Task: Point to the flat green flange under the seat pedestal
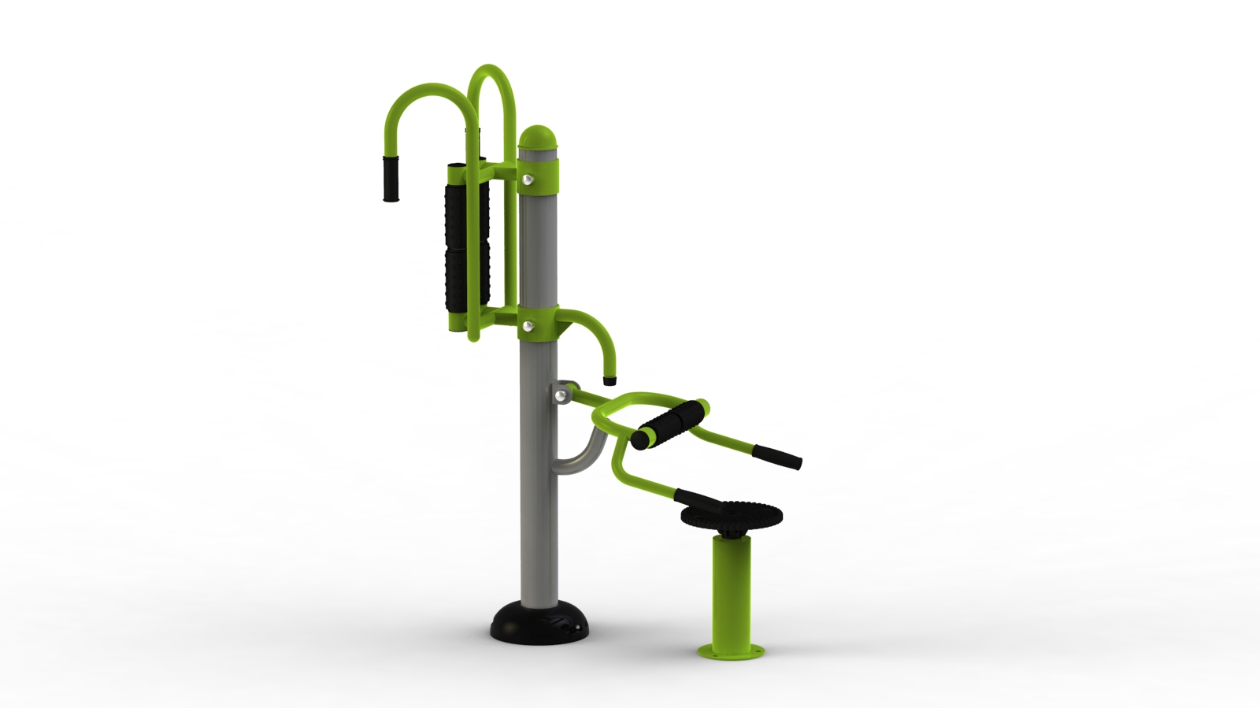click(x=732, y=651)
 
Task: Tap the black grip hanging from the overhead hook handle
click(x=391, y=178)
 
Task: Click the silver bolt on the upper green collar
click(x=527, y=182)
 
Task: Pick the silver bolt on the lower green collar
click(x=528, y=325)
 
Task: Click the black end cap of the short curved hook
click(x=610, y=380)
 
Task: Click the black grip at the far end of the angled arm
click(x=778, y=457)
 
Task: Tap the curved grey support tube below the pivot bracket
click(x=580, y=461)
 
